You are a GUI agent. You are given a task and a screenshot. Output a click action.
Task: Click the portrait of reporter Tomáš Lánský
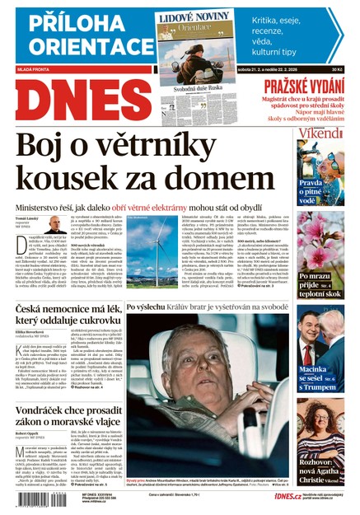55,224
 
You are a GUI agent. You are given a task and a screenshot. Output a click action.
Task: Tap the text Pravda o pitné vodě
311,191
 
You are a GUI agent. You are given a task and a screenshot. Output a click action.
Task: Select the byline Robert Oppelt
30,433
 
